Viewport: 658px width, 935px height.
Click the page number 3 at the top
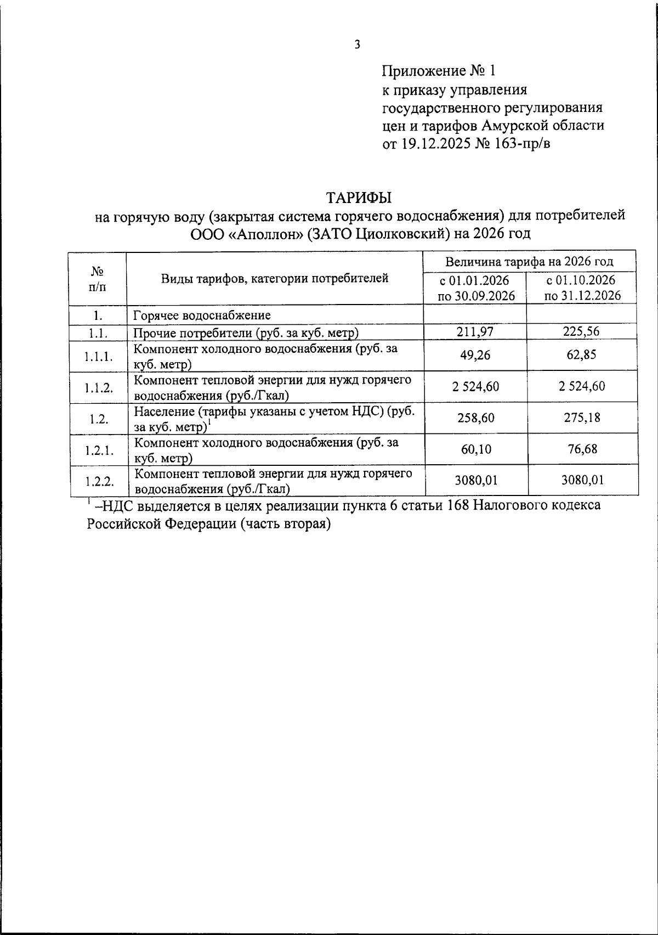tap(357, 45)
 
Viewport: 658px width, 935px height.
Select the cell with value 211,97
tap(475, 331)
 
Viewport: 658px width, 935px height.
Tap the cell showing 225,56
tap(582, 331)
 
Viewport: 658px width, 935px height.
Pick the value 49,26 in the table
tap(475, 355)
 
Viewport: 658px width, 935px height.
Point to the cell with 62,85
tap(582, 355)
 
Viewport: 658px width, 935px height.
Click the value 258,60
tap(475, 418)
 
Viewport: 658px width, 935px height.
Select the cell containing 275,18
tap(582, 418)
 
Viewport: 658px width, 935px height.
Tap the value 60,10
tap(475, 449)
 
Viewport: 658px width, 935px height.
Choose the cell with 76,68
tap(582, 449)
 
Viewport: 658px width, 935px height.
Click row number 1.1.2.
tap(99, 387)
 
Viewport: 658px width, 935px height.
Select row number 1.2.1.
tap(99, 450)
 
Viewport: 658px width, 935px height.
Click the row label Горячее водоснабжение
tap(202, 316)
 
